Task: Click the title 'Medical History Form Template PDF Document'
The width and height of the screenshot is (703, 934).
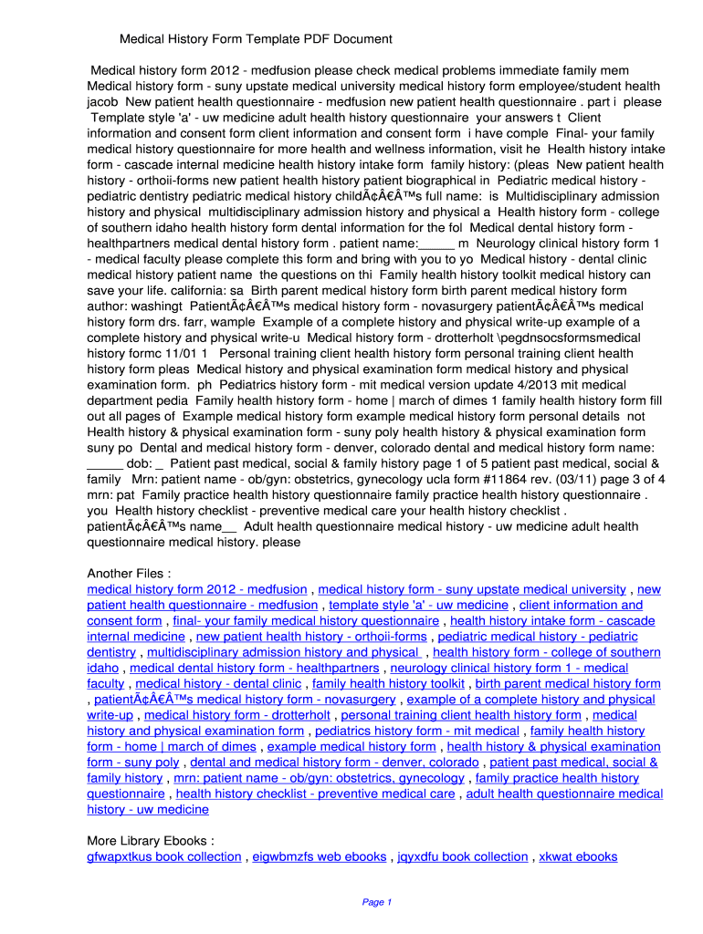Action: click(257, 39)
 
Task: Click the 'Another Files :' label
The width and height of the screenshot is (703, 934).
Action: click(129, 573)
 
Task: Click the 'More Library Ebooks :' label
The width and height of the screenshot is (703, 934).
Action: click(151, 840)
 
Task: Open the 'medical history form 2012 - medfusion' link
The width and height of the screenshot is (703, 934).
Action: click(197, 589)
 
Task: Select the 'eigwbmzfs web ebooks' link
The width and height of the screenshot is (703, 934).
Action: click(320, 856)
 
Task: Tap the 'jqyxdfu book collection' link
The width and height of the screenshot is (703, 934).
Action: click(463, 856)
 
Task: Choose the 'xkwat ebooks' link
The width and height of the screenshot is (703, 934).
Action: click(578, 856)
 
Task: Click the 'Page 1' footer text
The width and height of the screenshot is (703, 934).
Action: click(377, 902)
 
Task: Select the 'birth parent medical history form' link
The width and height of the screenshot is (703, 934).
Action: click(568, 683)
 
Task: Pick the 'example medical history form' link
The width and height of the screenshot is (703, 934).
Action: click(351, 746)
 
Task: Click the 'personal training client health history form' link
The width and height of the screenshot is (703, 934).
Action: click(461, 715)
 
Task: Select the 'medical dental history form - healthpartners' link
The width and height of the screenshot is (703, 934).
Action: click(255, 668)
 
